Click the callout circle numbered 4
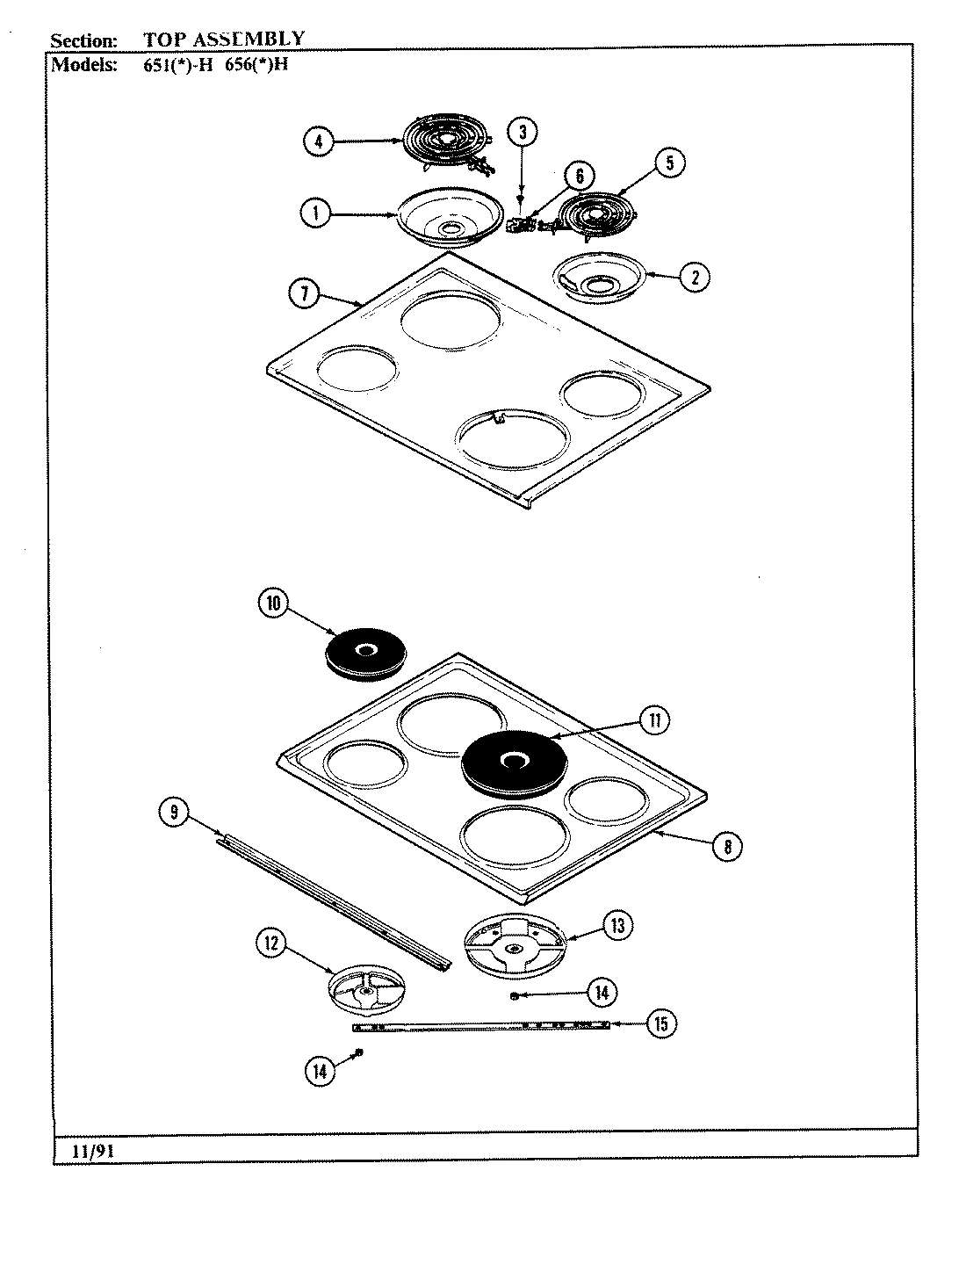[319, 141]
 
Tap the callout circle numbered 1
[314, 213]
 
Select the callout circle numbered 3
[523, 133]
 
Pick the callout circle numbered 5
[670, 163]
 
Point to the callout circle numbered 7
[304, 295]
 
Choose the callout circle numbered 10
[273, 603]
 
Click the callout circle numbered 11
[653, 720]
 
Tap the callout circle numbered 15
[661, 1023]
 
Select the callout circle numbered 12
[270, 943]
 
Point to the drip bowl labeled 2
[600, 278]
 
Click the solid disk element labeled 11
[512, 763]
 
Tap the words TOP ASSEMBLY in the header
[224, 39]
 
